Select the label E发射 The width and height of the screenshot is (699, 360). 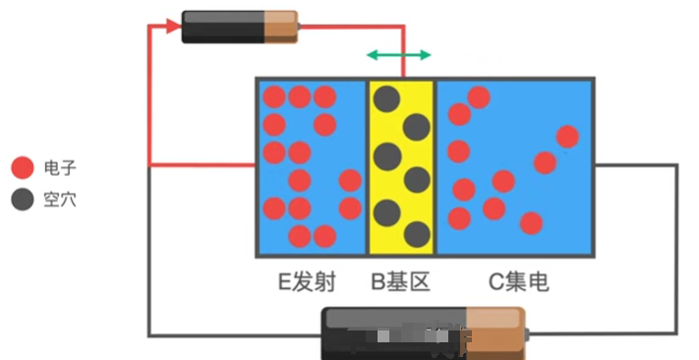point(306,283)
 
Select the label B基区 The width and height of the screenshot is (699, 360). point(400,283)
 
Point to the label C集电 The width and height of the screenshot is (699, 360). point(519,283)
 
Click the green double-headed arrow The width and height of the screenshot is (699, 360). point(398,54)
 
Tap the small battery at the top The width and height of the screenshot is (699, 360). point(239,26)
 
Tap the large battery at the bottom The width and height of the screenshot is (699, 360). point(425,333)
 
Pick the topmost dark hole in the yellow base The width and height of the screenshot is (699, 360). point(387,97)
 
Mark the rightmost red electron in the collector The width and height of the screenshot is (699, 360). point(567,136)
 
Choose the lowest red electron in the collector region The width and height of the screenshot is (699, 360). point(531,223)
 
